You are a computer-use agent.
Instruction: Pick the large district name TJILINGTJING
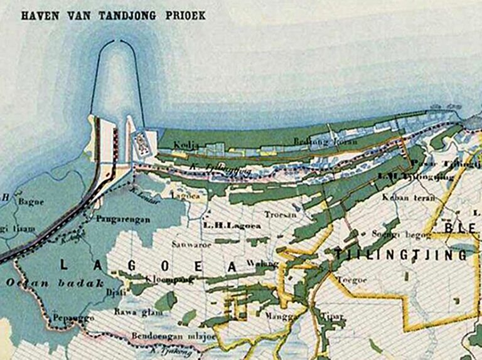[x=401, y=255]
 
